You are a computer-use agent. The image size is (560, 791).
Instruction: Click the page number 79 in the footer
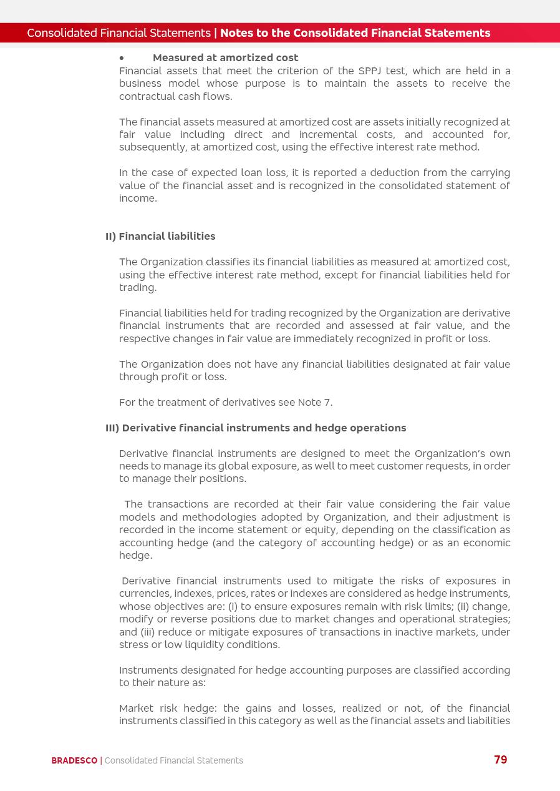coord(500,760)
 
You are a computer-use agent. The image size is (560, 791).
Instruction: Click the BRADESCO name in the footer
coord(74,760)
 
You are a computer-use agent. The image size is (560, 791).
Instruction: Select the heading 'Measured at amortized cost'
coord(225,58)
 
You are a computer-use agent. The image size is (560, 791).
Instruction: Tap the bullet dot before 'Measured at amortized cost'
coord(122,58)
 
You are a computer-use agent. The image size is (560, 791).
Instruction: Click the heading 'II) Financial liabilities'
coord(160,237)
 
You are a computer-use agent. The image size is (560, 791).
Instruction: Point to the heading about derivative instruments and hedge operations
coord(256,428)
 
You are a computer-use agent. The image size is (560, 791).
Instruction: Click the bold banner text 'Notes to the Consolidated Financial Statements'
coord(355,33)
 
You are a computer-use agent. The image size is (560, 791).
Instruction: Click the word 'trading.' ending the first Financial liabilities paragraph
coord(138,288)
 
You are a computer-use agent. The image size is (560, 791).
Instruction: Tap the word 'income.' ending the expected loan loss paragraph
coord(138,199)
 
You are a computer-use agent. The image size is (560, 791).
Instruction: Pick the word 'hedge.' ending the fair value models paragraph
coord(135,556)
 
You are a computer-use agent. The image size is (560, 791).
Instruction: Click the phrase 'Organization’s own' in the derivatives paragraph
coord(462,454)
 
